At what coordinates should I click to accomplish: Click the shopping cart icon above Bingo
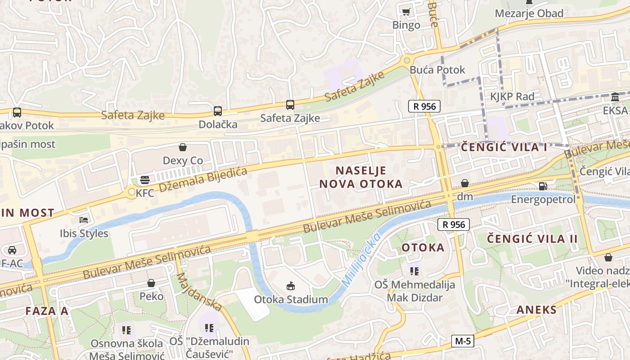(x=406, y=12)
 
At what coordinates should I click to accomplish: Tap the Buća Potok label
(x=437, y=70)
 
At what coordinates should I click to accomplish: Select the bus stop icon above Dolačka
(x=218, y=111)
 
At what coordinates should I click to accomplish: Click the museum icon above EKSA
(x=615, y=97)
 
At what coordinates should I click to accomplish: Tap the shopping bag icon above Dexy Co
(x=183, y=147)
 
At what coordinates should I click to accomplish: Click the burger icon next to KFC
(x=144, y=180)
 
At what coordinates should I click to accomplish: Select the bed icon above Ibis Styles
(x=84, y=220)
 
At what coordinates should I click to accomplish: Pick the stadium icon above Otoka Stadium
(x=291, y=286)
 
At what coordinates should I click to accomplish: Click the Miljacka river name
(x=361, y=260)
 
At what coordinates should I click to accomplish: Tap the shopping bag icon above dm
(x=465, y=183)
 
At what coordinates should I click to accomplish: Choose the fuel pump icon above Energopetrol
(x=543, y=186)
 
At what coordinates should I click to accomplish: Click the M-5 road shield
(x=463, y=341)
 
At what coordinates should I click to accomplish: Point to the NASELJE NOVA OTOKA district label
(x=360, y=177)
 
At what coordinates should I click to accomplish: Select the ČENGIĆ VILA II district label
(x=532, y=238)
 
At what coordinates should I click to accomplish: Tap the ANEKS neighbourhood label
(x=536, y=310)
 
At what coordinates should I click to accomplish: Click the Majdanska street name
(x=199, y=291)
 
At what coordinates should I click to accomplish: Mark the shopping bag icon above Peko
(x=151, y=283)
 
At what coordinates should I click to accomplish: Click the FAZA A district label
(x=47, y=311)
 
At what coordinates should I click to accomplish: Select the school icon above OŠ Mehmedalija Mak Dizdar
(x=414, y=271)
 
